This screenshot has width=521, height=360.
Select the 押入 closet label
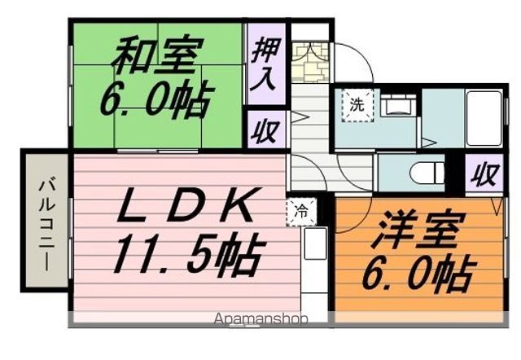pyautogui.click(x=265, y=65)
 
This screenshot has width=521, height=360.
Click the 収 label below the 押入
pyautogui.click(x=265, y=131)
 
